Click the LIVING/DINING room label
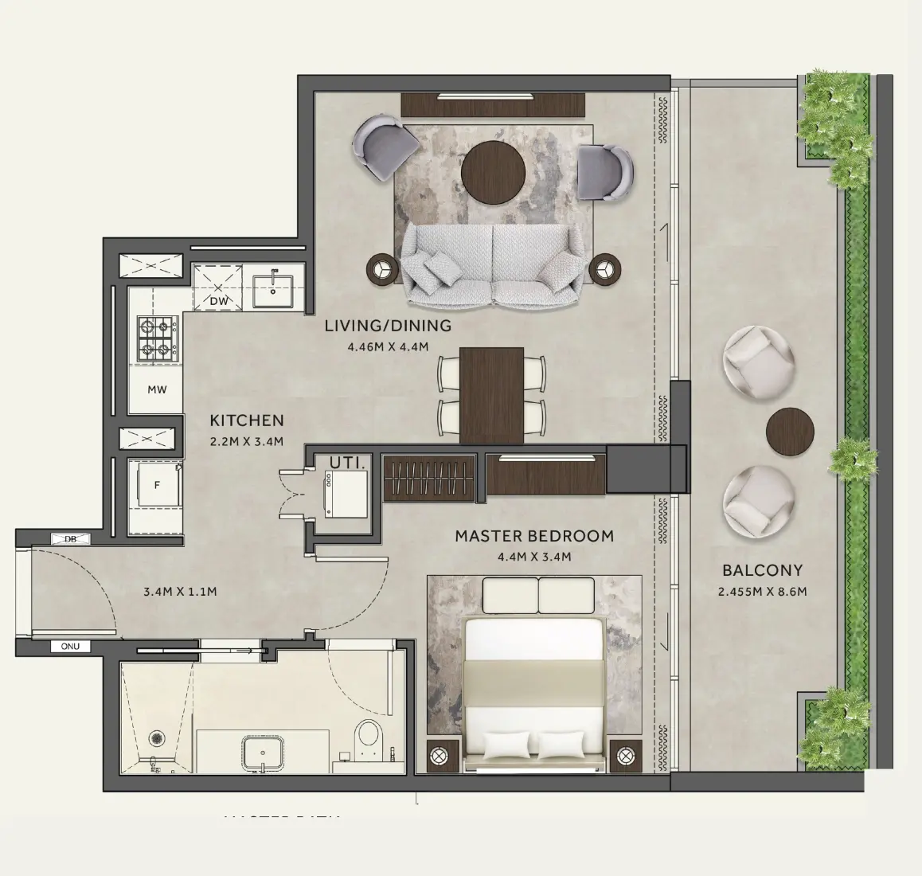pyautogui.click(x=388, y=326)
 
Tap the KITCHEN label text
pyautogui.click(x=246, y=420)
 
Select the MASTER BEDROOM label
pyautogui.click(x=534, y=536)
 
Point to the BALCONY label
pyautogui.click(x=762, y=570)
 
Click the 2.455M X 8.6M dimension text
pyautogui.click(x=762, y=592)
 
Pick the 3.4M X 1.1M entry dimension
pyautogui.click(x=180, y=592)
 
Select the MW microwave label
pyautogui.click(x=157, y=390)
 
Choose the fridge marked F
pyautogui.click(x=156, y=483)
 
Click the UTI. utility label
pyautogui.click(x=348, y=462)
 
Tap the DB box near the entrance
pyautogui.click(x=71, y=539)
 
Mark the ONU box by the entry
pyautogui.click(x=70, y=647)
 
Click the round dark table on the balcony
pyautogui.click(x=790, y=431)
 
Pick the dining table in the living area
pyautogui.click(x=491, y=395)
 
